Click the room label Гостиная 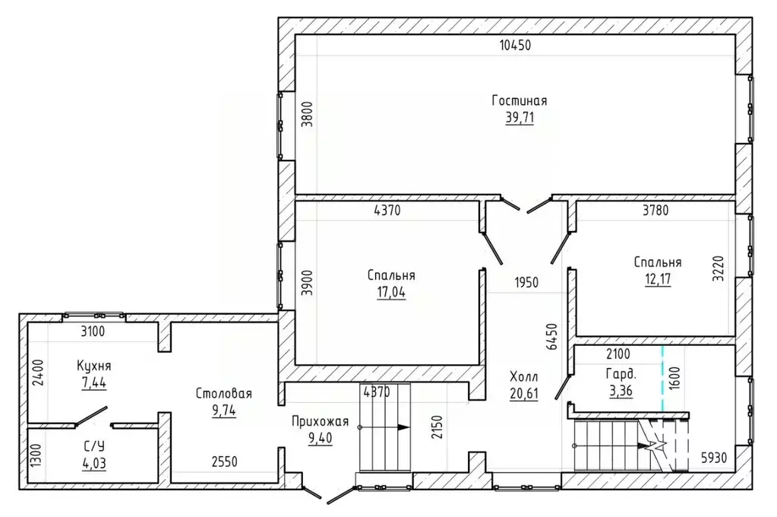click(520, 100)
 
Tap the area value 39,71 click(520, 118)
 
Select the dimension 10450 click(516, 45)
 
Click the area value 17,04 click(391, 292)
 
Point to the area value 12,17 click(658, 279)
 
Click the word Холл click(524, 376)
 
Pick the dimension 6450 click(551, 336)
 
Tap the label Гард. click(621, 373)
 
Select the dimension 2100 click(618, 354)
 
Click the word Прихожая click(320, 422)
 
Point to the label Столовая click(223, 394)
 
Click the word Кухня click(93, 366)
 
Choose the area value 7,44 click(94, 382)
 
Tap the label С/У click(94, 446)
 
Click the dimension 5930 click(714, 458)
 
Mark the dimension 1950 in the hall click(526, 282)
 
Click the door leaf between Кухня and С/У click(91, 416)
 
